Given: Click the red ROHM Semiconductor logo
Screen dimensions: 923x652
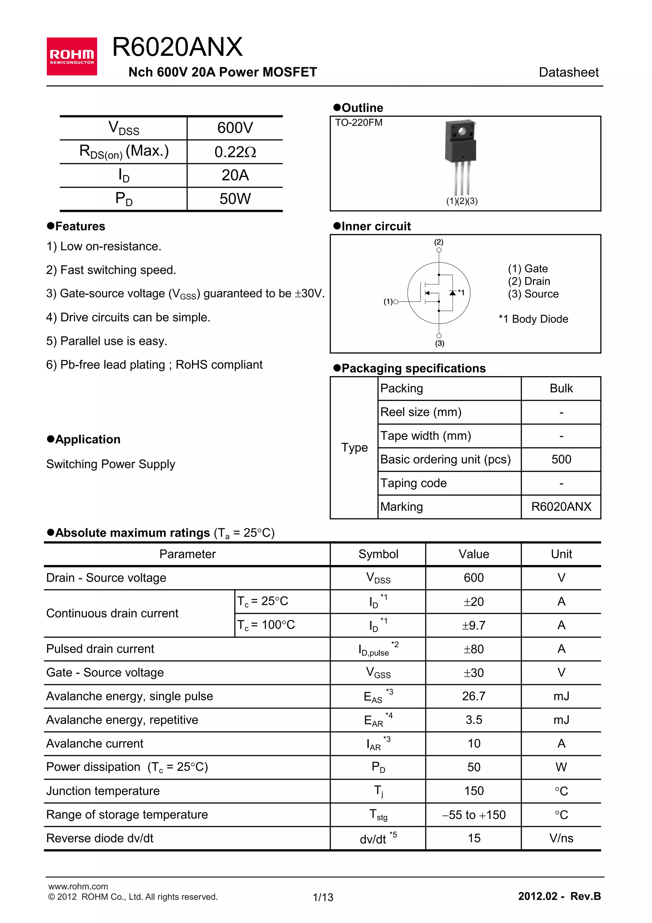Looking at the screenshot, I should pyautogui.click(x=72, y=56).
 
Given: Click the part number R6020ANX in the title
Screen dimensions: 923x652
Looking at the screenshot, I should pyautogui.click(x=177, y=47).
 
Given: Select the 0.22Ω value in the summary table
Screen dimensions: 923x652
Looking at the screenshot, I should pyautogui.click(x=235, y=152).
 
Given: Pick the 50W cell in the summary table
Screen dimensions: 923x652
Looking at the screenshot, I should pyautogui.click(x=235, y=199).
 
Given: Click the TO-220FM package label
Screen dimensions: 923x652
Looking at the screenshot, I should pyautogui.click(x=358, y=123).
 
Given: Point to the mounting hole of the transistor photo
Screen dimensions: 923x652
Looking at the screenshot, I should pyautogui.click(x=462, y=131).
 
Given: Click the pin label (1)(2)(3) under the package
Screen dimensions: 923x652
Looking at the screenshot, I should pyautogui.click(x=462, y=201).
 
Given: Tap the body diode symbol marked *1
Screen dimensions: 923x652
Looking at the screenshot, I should pyautogui.click(x=452, y=293).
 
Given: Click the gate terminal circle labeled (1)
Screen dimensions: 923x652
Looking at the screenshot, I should pyautogui.click(x=396, y=302).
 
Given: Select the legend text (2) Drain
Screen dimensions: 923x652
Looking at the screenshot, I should pyautogui.click(x=529, y=282).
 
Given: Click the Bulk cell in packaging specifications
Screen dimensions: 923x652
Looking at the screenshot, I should pyautogui.click(x=561, y=388).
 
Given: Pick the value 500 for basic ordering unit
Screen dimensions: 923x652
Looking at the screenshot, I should pyautogui.click(x=561, y=460).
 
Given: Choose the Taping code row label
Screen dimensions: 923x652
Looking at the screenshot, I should pyautogui.click(x=413, y=483).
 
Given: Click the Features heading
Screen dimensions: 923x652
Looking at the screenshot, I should pyautogui.click(x=80, y=226).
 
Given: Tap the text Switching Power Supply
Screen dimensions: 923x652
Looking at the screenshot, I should pyautogui.click(x=110, y=464).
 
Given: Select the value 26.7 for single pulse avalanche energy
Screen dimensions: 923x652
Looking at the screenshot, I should pyautogui.click(x=474, y=696).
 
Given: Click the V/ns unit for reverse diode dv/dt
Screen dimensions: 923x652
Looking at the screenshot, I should pyautogui.click(x=561, y=839).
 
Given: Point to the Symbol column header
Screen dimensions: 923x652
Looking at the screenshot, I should pyautogui.click(x=378, y=555).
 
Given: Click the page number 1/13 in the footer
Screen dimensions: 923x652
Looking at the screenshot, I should pyautogui.click(x=323, y=897).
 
